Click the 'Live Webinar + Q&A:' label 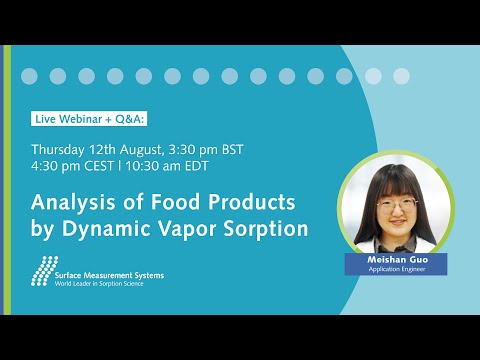point(89,118)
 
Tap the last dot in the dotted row point(401,76)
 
